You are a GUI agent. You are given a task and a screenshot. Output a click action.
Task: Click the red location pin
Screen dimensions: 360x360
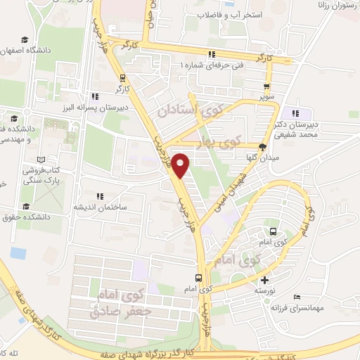(x=181, y=164)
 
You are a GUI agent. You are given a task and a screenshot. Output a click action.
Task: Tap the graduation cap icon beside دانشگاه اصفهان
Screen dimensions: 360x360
(x=25, y=40)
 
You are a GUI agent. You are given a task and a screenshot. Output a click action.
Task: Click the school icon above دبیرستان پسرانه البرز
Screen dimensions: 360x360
(x=94, y=96)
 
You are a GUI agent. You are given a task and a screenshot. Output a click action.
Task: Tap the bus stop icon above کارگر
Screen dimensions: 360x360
(x=123, y=78)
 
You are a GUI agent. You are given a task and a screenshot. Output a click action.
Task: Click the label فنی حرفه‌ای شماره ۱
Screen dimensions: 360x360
(x=212, y=65)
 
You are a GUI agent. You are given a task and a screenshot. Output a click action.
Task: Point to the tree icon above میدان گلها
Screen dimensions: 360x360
(x=263, y=147)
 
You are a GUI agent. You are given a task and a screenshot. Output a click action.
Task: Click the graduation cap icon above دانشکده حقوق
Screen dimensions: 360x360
(x=27, y=206)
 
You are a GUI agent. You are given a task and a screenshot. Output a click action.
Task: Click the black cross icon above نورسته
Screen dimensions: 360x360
(x=264, y=280)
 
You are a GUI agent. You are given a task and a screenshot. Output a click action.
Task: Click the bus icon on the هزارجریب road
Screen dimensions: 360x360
(x=199, y=278)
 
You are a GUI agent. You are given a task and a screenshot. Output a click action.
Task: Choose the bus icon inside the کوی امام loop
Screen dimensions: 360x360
(x=273, y=231)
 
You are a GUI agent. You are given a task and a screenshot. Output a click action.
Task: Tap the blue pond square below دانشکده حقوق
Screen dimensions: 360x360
(x=18, y=252)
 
